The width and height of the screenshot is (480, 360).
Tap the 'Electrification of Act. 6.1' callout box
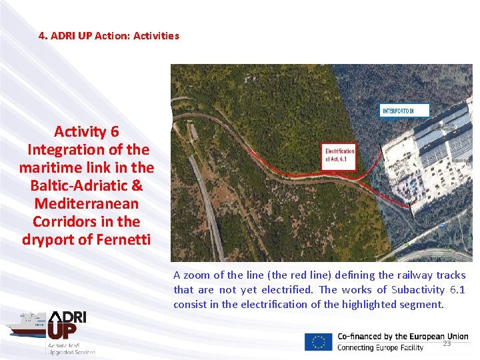click(x=339, y=156)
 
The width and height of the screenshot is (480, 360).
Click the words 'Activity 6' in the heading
click(x=87, y=131)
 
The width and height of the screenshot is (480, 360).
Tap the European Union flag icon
click(x=318, y=342)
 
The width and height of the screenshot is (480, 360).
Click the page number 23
click(x=447, y=344)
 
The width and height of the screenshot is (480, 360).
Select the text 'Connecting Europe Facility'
click(x=380, y=348)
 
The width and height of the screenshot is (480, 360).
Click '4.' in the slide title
click(x=43, y=36)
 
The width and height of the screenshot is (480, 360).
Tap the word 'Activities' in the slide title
click(x=156, y=36)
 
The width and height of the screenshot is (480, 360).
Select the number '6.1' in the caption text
click(x=457, y=289)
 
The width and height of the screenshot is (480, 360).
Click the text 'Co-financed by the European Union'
click(x=403, y=337)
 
